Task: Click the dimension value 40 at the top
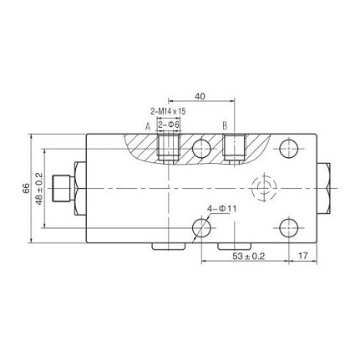pyautogui.click(x=200, y=96)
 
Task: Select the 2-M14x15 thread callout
pyautogui.click(x=168, y=112)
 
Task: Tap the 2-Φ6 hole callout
pyautogui.click(x=169, y=125)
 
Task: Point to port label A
pyautogui.click(x=148, y=127)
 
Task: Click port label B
pyautogui.click(x=225, y=126)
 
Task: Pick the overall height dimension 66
pyautogui.click(x=26, y=189)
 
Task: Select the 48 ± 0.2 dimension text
pyautogui.click(x=39, y=189)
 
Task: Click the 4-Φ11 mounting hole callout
pyautogui.click(x=222, y=209)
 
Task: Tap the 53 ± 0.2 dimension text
pyautogui.click(x=249, y=256)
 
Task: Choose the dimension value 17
pyautogui.click(x=303, y=255)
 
